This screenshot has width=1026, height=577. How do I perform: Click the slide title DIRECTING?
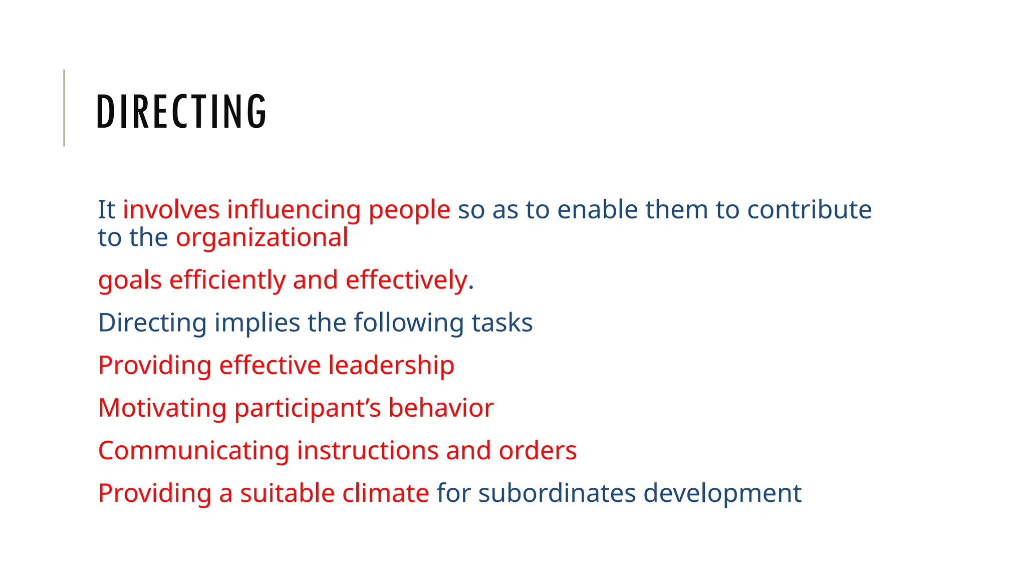point(181,111)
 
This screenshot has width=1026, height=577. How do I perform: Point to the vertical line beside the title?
point(64,108)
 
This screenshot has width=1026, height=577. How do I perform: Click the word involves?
point(171,209)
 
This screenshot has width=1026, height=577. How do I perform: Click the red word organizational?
point(262,238)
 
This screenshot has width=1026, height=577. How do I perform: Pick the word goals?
point(130,280)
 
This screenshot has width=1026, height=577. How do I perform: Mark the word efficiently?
point(227,280)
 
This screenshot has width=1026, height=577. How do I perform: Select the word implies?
point(257,323)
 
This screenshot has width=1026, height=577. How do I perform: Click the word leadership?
point(391,365)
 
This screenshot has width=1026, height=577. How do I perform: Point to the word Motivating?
point(162,408)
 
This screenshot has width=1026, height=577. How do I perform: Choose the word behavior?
point(441,408)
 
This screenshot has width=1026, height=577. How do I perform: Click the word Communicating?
point(193,451)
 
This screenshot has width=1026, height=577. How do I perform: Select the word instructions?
point(367,450)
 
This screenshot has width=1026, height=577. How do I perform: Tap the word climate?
point(385,493)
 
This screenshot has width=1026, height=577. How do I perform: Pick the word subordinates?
point(557,493)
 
